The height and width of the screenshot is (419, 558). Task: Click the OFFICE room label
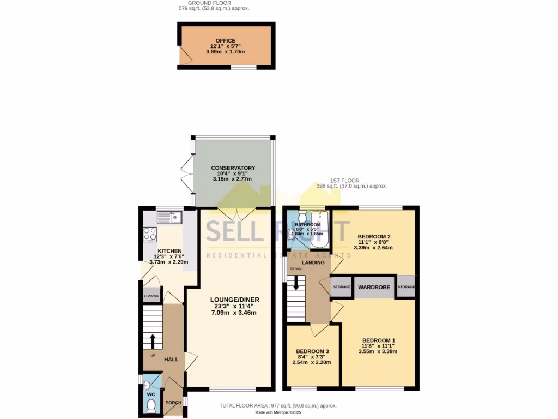pyautogui.click(x=225, y=41)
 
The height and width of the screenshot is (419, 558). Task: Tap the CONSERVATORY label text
pyautogui.click(x=233, y=168)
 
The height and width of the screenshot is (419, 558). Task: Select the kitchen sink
pyautogui.click(x=168, y=218)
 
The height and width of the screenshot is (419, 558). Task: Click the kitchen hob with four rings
pyautogui.click(x=150, y=234)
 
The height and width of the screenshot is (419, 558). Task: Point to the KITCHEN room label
pyautogui.click(x=154, y=251)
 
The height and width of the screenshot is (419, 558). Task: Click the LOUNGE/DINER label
pyautogui.click(x=235, y=300)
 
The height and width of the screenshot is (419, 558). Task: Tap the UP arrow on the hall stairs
pyautogui.click(x=153, y=341)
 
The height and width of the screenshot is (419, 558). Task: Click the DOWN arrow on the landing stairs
pyautogui.click(x=296, y=282)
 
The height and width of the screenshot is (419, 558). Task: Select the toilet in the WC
pyautogui.click(x=151, y=405)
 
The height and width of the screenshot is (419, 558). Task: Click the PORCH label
pyautogui.click(x=173, y=403)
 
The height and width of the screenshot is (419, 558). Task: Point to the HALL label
pyautogui.click(x=171, y=360)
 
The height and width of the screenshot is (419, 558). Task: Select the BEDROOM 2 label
pyautogui.click(x=374, y=237)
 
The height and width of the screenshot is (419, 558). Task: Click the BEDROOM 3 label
pyautogui.click(x=312, y=351)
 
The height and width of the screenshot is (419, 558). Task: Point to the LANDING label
pyautogui.click(x=313, y=262)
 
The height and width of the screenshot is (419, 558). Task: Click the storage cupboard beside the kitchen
pyautogui.click(x=151, y=296)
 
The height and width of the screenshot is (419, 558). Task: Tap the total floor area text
pyautogui.click(x=278, y=405)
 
